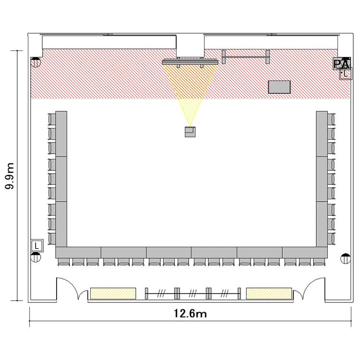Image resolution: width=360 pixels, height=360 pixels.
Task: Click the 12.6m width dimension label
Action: (190, 313)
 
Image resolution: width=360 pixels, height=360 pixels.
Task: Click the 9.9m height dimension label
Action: (10, 176)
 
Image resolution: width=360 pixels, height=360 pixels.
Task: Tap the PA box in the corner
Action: (342, 63)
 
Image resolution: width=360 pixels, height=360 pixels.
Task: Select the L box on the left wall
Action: (37, 246)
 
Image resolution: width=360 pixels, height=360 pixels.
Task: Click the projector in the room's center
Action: (190, 132)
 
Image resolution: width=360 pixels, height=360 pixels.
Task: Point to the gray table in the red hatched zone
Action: (279, 87)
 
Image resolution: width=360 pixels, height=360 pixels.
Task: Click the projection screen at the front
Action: (190, 62)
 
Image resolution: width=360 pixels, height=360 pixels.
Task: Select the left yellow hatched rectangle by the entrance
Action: (113, 293)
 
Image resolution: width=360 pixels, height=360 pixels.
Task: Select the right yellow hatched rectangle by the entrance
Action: (269, 293)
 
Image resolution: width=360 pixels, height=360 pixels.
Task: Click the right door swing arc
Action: (308, 284)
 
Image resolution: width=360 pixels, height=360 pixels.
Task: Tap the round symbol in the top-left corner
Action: (36, 62)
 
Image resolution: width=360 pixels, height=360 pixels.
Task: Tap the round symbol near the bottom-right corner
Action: (346, 259)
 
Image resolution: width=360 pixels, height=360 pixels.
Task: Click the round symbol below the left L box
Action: (36, 257)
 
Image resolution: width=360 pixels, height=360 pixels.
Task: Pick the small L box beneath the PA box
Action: (346, 73)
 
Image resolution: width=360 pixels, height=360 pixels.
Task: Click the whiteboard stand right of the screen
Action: (246, 57)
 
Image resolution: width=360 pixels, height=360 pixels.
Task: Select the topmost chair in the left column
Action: (52, 119)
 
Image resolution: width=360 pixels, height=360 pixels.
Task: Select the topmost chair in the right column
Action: (331, 119)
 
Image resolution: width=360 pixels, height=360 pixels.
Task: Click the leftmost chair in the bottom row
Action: (63, 262)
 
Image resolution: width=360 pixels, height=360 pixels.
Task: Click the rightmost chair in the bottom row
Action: (319, 262)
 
